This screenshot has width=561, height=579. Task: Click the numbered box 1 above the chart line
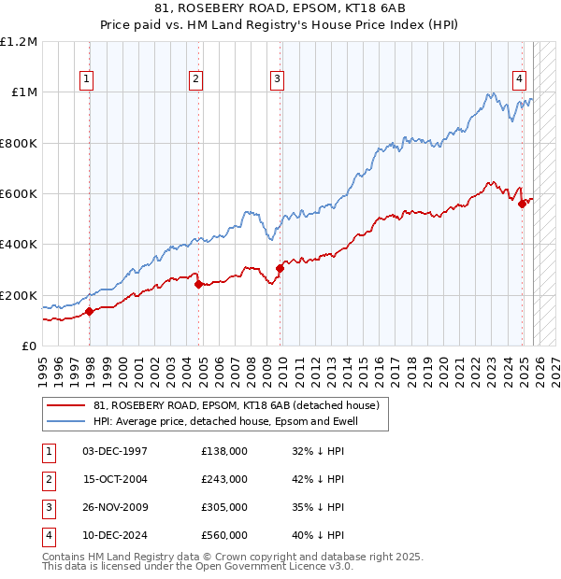(86, 80)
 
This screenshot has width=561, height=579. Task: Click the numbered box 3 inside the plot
(278, 80)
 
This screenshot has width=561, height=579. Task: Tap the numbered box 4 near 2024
(518, 80)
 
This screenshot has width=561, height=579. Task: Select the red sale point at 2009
(280, 269)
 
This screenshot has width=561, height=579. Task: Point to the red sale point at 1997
(90, 311)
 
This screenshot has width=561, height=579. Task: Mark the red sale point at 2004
(199, 285)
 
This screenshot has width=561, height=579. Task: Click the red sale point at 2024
(522, 205)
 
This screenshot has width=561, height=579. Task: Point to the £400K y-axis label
(20, 245)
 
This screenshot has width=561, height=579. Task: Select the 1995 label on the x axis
(43, 367)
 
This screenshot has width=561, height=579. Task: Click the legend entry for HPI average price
(226, 422)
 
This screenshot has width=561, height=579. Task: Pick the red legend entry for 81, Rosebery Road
(236, 406)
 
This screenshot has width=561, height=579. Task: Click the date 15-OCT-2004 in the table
(115, 479)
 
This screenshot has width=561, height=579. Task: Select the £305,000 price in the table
(224, 507)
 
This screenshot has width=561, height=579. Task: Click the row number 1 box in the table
(47, 451)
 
